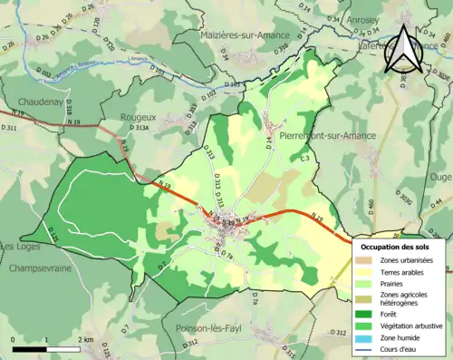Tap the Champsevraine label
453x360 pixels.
click(42, 268)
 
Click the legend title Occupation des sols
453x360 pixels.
click(396, 246)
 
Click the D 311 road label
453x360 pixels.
click(10, 129)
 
